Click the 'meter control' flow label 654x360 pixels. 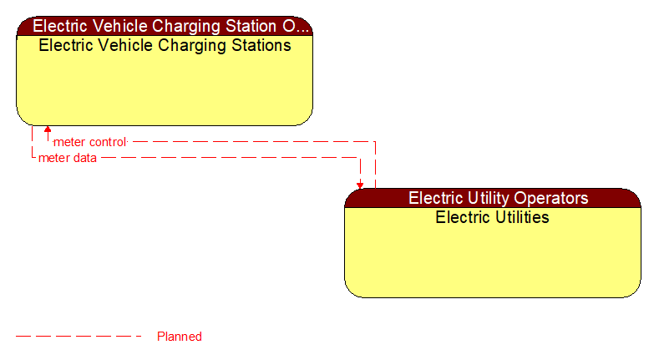[89, 142]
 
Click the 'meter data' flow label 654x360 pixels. [67, 157]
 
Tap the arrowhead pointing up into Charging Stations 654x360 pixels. [48, 129]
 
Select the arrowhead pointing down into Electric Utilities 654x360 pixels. [360, 185]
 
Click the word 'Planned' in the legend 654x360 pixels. [180, 337]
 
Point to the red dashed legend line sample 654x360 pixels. [79, 337]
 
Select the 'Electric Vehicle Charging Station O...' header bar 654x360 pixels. [165, 26]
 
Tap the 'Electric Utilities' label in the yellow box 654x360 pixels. [493, 217]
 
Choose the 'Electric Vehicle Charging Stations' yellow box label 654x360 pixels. [165, 45]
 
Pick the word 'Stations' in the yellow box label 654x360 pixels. [261, 45]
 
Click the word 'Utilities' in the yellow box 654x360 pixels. [519, 217]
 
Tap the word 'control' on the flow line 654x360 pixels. [107, 142]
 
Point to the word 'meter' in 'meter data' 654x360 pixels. [53, 157]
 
